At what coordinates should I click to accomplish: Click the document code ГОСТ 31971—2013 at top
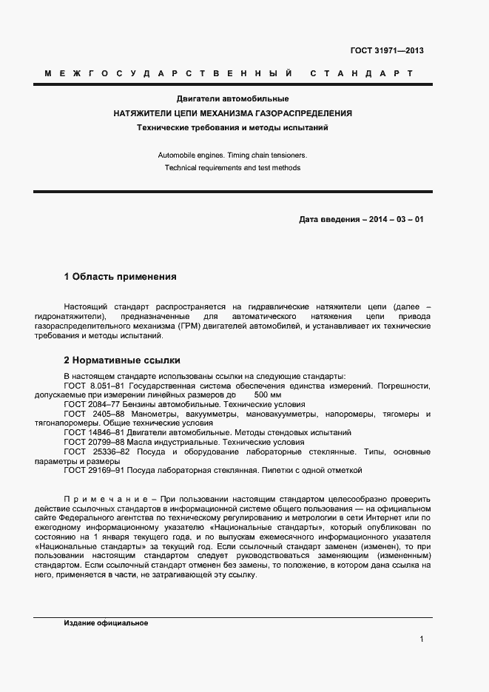387,51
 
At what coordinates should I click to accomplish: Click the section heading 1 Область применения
121,277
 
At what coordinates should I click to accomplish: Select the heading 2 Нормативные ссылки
122,361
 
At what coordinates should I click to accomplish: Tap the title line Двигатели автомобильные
232,98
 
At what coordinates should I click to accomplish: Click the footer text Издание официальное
107,623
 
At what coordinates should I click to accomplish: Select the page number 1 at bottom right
421,639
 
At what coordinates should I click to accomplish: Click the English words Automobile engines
189,155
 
